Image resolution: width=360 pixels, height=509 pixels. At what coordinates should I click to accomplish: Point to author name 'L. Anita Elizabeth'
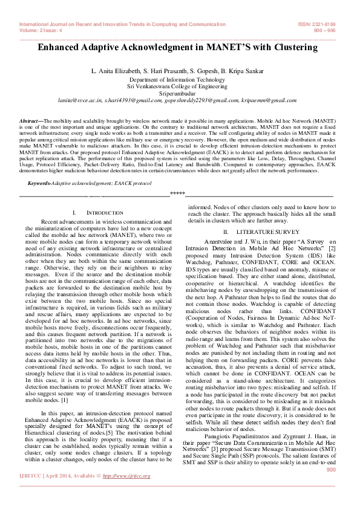pos(115,71)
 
